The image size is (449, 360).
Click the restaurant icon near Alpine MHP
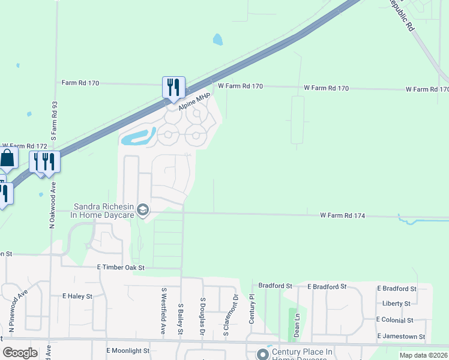pos(173,87)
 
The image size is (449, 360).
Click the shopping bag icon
pos(7,159)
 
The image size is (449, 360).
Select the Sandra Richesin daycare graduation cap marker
pos(143,209)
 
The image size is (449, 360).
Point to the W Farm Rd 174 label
pos(343,215)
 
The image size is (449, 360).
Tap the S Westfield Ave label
pos(163,310)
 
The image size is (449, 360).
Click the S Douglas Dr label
pos(203,316)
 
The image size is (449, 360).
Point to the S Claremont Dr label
pos(227,317)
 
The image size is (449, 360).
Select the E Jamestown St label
pos(400,337)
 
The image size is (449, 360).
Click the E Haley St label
pos(77,296)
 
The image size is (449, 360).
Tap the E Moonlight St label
pos(127,350)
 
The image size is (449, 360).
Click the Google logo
pos(20,353)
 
